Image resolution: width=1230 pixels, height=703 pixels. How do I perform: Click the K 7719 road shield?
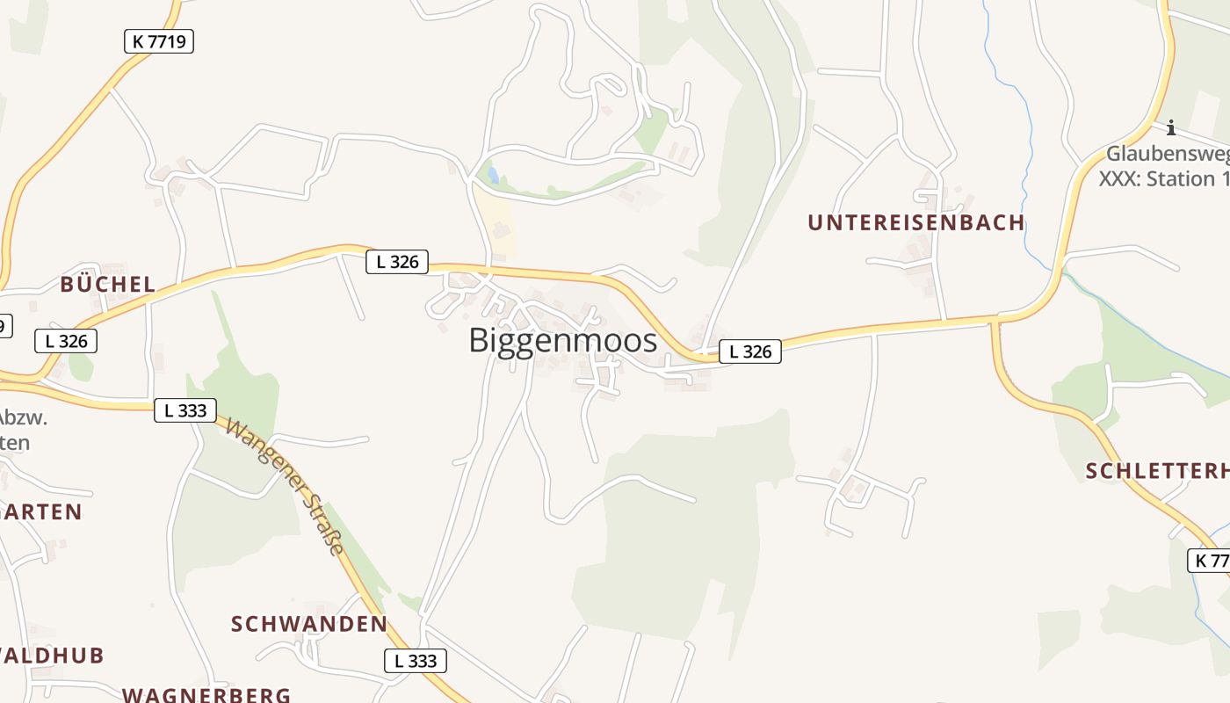(158, 41)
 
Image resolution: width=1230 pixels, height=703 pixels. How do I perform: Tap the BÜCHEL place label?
(107, 284)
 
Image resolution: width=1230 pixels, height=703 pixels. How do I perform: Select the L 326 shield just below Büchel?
(66, 341)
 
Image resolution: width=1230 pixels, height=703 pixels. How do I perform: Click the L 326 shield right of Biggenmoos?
(750, 351)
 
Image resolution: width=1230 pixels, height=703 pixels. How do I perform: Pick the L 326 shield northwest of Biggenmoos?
(397, 261)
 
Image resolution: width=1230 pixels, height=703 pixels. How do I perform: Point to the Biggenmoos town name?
(562, 340)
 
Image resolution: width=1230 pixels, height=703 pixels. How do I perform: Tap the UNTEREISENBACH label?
(916, 222)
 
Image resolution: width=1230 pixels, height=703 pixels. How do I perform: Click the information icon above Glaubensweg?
(1170, 128)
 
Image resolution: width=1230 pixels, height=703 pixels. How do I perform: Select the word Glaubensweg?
(1167, 155)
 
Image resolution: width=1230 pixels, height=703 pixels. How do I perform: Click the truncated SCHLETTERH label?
(1157, 471)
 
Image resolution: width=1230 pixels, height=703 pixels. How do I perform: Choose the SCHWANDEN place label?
(308, 624)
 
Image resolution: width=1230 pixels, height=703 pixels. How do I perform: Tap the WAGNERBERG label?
(206, 694)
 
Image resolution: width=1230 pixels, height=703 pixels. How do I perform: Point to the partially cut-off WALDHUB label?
(53, 655)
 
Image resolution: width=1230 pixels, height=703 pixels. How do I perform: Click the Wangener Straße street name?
(285, 486)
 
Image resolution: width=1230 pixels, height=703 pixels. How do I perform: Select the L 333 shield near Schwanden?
(416, 661)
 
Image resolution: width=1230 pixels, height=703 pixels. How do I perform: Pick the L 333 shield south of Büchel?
(184, 409)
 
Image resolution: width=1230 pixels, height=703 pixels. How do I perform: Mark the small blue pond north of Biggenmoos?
(493, 176)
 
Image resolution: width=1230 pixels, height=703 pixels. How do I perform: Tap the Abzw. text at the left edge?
(23, 417)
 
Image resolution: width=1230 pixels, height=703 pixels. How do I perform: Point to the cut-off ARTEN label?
(41, 511)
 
